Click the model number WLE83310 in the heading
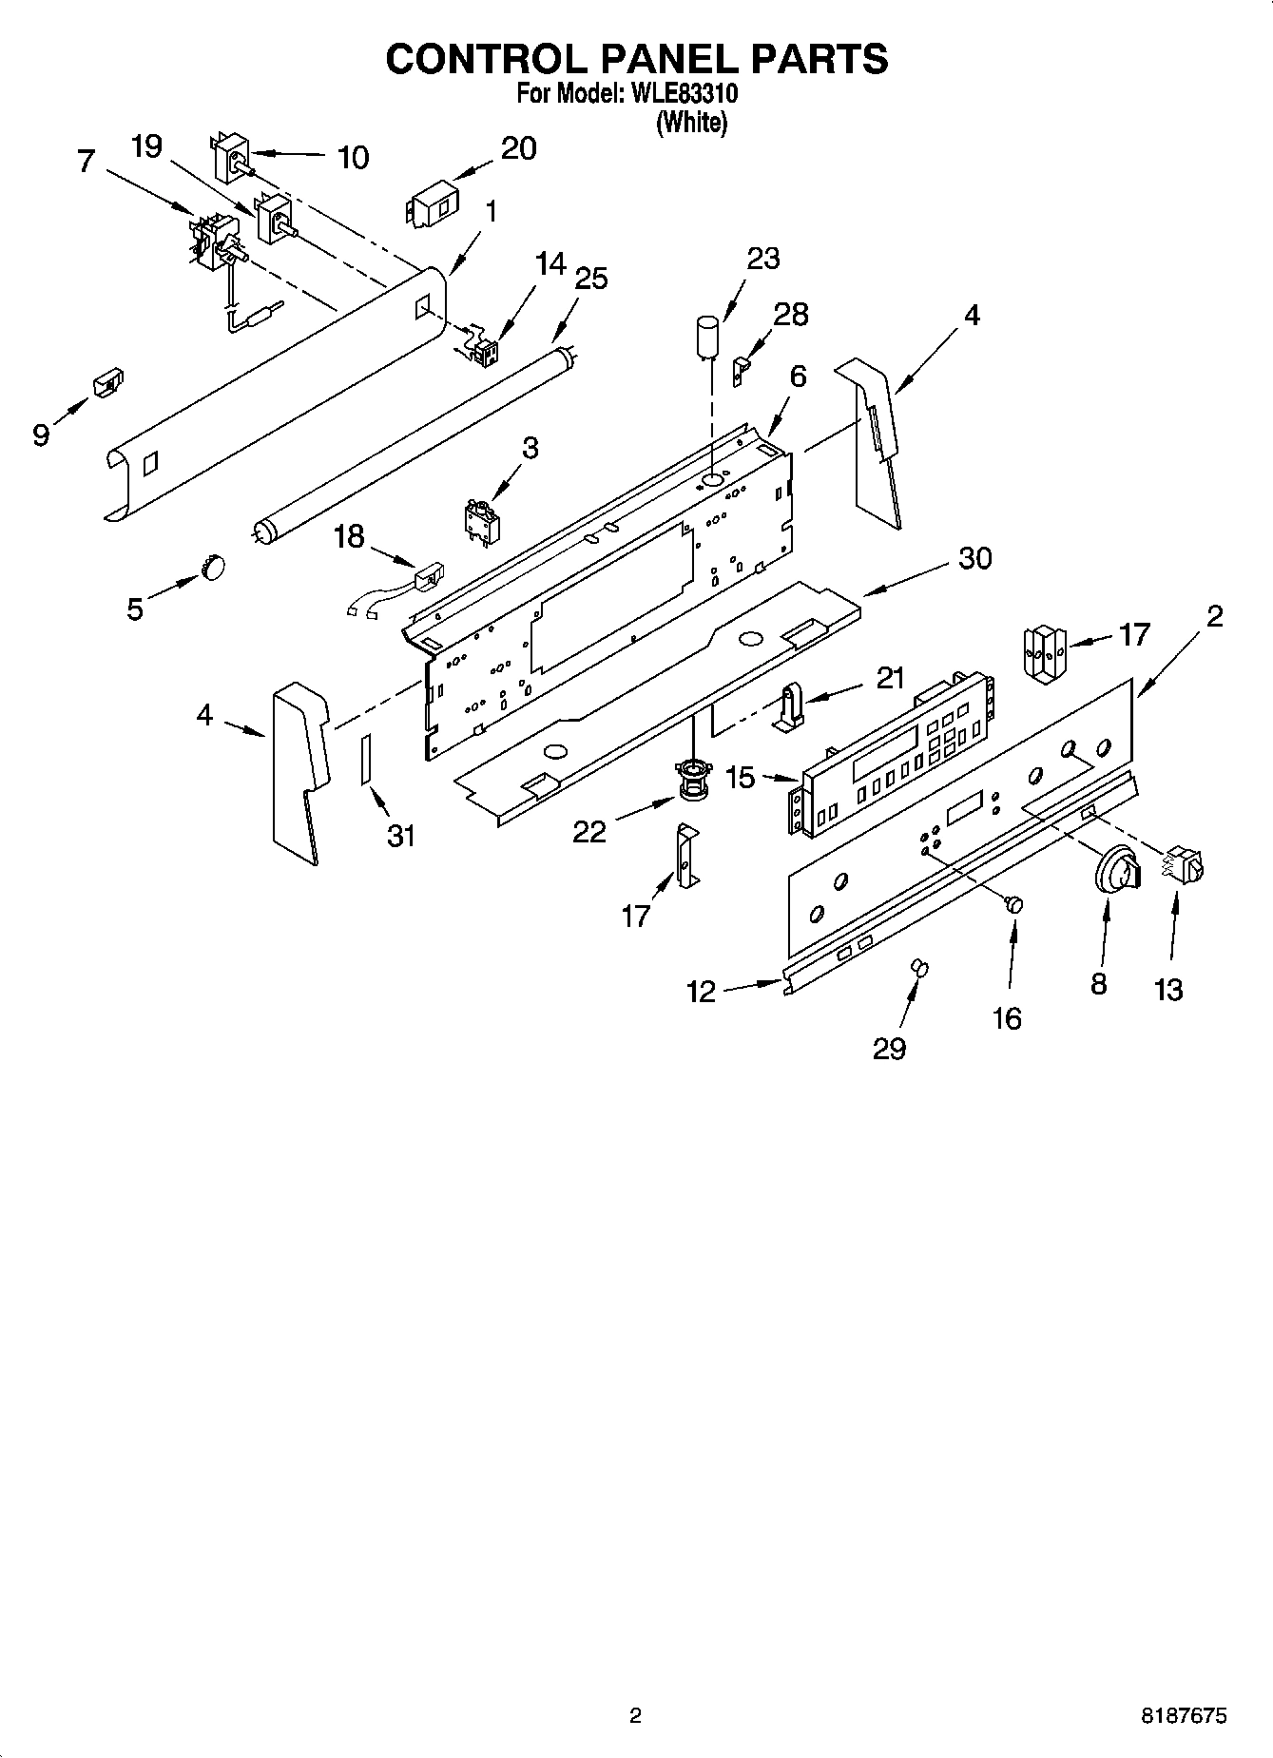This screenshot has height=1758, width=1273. tap(680, 95)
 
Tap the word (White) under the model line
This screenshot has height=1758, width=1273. tap(692, 124)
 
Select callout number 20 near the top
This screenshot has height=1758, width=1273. tap(518, 149)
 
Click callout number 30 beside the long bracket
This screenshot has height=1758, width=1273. tap(975, 558)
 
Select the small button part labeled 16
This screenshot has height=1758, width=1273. tap(1015, 903)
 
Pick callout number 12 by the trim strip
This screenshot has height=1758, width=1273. tap(701, 992)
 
